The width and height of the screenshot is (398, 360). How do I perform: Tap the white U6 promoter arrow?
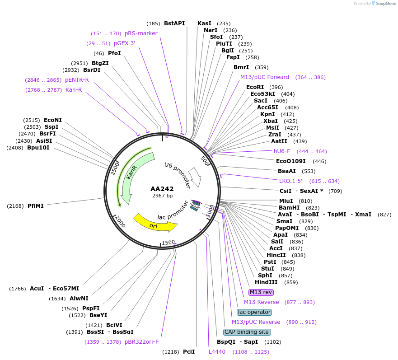[196, 177]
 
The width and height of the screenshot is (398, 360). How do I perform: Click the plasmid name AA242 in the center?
[162, 189]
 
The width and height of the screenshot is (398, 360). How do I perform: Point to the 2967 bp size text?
[162, 196]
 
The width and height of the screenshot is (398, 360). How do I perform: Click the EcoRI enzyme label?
[255, 87]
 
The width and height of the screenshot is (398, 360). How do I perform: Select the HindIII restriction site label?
[266, 282]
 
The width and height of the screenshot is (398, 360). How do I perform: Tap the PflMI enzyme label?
[36, 206]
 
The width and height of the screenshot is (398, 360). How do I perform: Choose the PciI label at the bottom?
[189, 351]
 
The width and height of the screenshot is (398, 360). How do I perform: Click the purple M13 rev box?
[261, 292]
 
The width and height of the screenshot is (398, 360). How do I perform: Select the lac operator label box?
[254, 312]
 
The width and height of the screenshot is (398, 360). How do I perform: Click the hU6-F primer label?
[282, 151]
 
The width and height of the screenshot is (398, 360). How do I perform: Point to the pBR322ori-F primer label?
[141, 341]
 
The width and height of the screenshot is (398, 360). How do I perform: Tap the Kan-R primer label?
[74, 90]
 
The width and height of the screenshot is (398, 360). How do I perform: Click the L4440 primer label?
[217, 351]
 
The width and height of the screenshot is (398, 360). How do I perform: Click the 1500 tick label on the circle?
[168, 243]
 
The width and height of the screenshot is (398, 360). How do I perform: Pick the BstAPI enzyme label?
[174, 23]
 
